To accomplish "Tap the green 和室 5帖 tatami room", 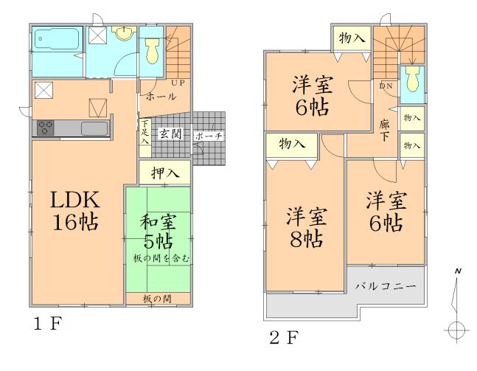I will click(158, 236).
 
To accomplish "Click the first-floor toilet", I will click(153, 51).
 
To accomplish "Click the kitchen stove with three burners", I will click(43, 128).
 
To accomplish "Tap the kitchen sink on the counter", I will click(94, 128).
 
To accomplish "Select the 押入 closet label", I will click(164, 173).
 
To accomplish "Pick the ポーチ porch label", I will click(209, 136).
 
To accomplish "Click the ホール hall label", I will click(161, 97).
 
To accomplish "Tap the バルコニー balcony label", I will click(386, 285).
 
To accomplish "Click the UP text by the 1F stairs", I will click(177, 83).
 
